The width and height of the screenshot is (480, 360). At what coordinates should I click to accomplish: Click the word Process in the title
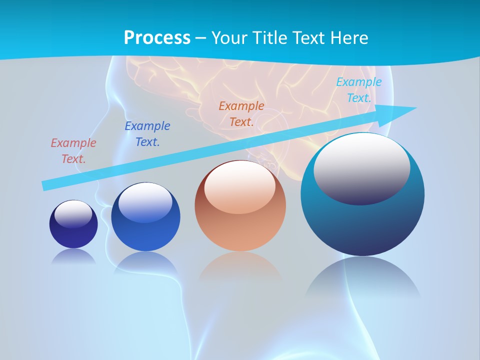pos(157,38)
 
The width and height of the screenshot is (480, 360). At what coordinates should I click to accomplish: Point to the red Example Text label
pos(73,151)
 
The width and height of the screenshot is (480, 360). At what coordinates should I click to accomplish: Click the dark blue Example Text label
pos(147,134)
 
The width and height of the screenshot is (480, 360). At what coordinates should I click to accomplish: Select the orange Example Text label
pos(241,114)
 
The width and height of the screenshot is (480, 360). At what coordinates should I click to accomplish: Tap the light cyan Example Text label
pos(358,90)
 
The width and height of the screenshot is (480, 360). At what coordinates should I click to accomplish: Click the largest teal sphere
pos(362,220)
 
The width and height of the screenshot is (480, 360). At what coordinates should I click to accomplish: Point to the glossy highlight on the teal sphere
pos(361,167)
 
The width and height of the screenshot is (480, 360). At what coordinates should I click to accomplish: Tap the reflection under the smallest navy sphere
pos(73,256)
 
